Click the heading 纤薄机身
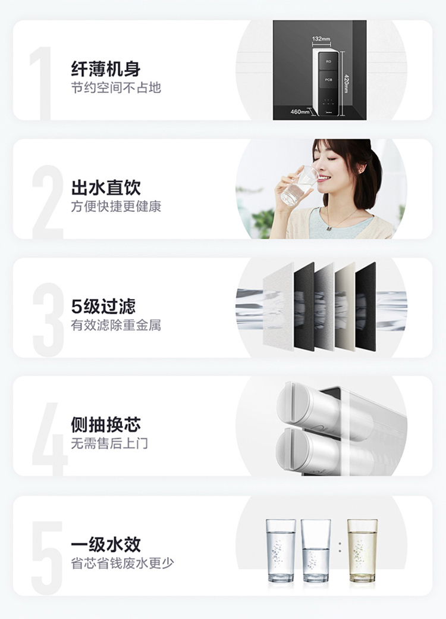[x=106, y=68]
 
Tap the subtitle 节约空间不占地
[x=116, y=87]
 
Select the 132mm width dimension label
[x=321, y=39]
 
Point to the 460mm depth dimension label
[x=300, y=112]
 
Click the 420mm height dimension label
[x=346, y=84]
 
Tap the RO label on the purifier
[x=328, y=61]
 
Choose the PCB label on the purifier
[x=328, y=80]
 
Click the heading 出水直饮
[x=106, y=187]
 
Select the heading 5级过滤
[x=103, y=307]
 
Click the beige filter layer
[x=345, y=307]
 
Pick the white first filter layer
[x=278, y=307]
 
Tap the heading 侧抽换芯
[x=106, y=425]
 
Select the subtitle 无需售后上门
[x=109, y=443]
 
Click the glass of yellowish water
[x=362, y=551]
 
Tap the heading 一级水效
[x=106, y=545]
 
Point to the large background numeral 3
[x=48, y=320]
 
